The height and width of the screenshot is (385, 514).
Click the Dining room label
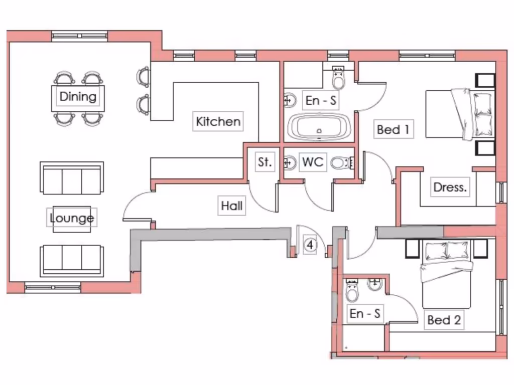(x=78, y=96)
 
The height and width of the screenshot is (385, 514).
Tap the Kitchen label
(x=218, y=121)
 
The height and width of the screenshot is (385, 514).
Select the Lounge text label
(x=72, y=218)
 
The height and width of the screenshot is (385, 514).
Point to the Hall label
(x=231, y=206)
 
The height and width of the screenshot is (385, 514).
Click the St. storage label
(x=265, y=162)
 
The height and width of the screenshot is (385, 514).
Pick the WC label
(x=313, y=162)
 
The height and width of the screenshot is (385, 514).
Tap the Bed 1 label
(x=393, y=130)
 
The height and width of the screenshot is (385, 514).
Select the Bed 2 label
(x=444, y=320)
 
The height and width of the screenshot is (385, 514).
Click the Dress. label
(x=450, y=187)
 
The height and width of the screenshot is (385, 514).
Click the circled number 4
(x=311, y=245)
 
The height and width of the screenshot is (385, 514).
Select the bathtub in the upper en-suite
(x=319, y=127)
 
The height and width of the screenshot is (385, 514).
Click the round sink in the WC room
(x=290, y=162)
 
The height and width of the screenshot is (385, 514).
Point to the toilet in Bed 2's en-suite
(x=352, y=290)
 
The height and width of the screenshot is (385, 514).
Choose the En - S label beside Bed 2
(x=365, y=314)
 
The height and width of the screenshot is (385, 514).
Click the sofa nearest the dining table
(x=72, y=178)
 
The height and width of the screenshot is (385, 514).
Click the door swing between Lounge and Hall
(x=136, y=206)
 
